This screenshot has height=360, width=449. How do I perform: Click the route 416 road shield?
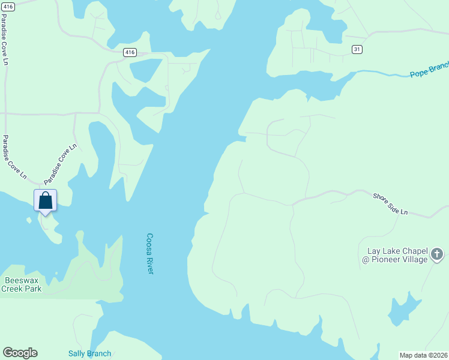(x=130, y=53)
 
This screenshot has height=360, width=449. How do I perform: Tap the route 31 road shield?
(x=357, y=49)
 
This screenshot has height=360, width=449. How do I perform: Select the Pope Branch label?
(x=429, y=72)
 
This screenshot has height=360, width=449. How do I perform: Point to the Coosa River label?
(x=150, y=254)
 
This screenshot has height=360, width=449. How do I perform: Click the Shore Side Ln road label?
(x=390, y=205)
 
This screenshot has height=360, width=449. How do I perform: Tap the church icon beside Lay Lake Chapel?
(x=437, y=254)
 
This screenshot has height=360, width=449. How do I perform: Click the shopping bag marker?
(x=46, y=201)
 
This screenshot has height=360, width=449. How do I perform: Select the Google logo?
(x=20, y=353)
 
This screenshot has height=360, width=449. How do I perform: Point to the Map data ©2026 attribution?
(x=424, y=355)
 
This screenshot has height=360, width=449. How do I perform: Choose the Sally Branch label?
(x=89, y=353)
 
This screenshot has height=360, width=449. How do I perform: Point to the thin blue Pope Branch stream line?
(x=384, y=73)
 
